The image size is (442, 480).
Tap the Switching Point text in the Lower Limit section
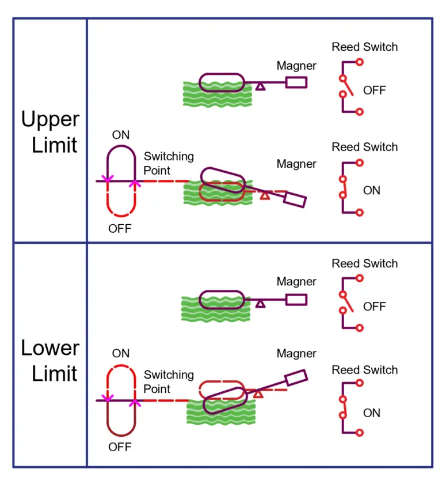coord(169,381)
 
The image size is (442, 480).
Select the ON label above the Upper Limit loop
coord(121,135)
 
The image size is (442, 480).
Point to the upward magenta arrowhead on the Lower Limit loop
coord(135,401)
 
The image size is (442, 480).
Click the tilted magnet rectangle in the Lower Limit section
coord(296,377)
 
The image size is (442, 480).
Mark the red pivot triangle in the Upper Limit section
coord(265,195)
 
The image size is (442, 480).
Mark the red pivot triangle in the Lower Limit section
coord(258,394)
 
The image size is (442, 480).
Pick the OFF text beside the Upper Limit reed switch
coord(374,90)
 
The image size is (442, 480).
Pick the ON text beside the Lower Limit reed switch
coord(372,413)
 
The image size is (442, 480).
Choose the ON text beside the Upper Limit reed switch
coord(372,190)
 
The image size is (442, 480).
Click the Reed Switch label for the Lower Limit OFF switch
coord(364,263)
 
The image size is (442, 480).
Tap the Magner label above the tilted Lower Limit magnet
coord(296,353)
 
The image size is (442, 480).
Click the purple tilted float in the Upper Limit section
coord(222,180)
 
